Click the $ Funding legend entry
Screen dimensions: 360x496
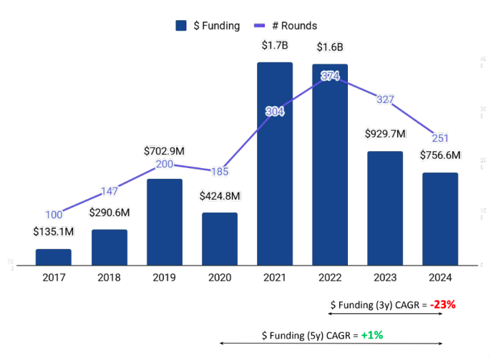pos(208,26)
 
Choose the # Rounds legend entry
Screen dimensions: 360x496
pos(286,26)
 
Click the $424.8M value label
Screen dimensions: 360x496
pos(219,195)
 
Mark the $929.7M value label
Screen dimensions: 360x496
pos(385,134)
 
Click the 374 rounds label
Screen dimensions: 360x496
pos(330,76)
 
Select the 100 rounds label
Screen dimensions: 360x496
pos(54,214)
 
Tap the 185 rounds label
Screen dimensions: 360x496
pos(219,172)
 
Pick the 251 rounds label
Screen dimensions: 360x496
pos(439,137)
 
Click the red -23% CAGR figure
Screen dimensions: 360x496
pos(443,304)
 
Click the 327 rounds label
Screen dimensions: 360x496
pos(385,99)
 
